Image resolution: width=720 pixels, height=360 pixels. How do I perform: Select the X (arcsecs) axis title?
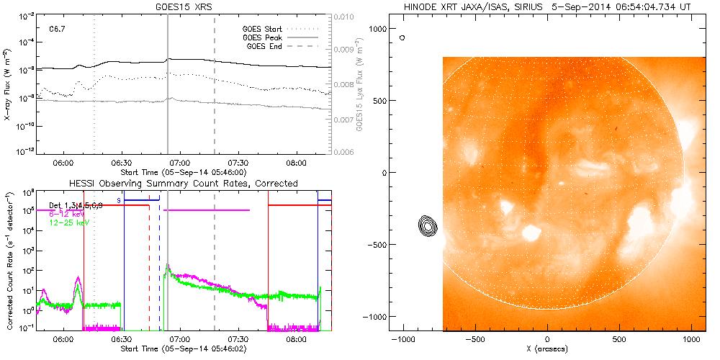point(549,349)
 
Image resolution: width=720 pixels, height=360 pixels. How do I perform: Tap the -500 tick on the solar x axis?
point(475,338)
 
